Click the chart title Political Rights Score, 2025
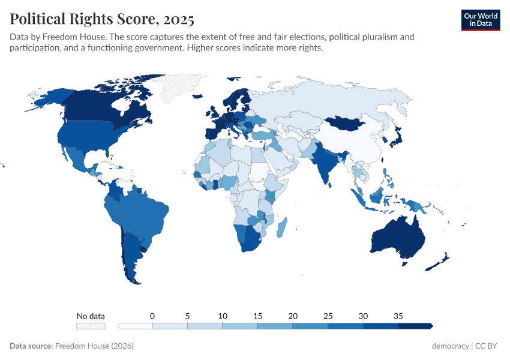tap(102, 19)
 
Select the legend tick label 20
tap(293, 316)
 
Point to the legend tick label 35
tap(398, 316)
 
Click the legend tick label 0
tap(152, 316)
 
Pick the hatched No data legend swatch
tap(91, 326)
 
